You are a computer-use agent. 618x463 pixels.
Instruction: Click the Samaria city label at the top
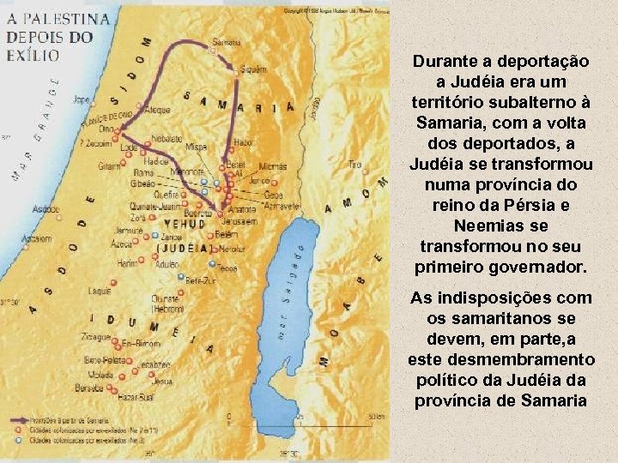tap(227, 41)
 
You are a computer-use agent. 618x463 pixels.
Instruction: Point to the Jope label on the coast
tap(82, 99)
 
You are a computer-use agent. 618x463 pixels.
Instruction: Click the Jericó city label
tap(259, 181)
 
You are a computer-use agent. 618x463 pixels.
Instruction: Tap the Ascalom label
tap(35, 239)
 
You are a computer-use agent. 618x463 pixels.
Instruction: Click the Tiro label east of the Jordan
tap(354, 164)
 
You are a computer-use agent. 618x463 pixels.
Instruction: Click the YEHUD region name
tap(183, 224)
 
